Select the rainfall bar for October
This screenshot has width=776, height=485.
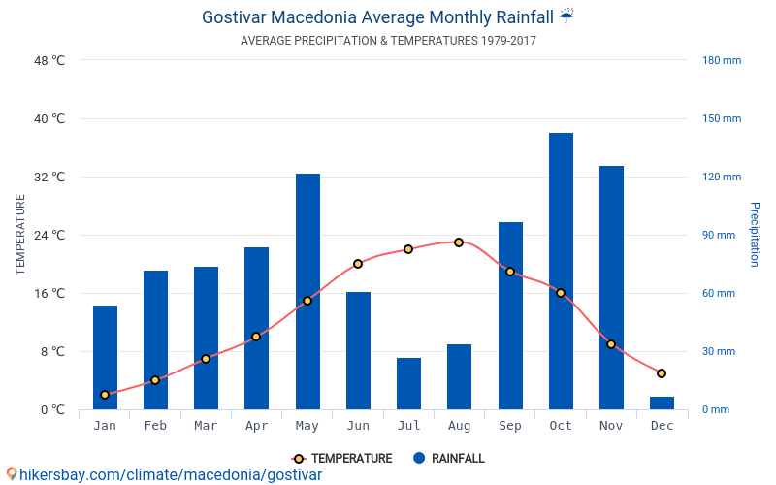pos(561,272)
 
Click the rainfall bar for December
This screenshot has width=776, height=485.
pos(663,403)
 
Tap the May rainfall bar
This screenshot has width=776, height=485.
pos(307,291)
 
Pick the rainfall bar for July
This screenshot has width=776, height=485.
pos(408,383)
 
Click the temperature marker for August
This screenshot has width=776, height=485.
pos(459,242)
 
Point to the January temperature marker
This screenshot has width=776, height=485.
pos(105,395)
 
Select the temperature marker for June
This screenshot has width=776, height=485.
pos(358,264)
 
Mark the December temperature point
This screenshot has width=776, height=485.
pos(662,373)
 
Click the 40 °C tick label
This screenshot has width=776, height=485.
pos(49,119)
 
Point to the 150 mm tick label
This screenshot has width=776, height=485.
pos(721,119)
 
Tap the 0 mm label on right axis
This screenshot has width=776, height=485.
pos(715,410)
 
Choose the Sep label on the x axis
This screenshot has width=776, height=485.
pos(510,426)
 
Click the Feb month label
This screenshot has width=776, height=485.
pos(155,426)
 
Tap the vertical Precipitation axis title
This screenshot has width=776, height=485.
pos(754,235)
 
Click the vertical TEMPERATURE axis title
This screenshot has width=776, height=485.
pos(20,235)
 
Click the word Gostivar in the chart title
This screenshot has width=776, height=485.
pos(234,17)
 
